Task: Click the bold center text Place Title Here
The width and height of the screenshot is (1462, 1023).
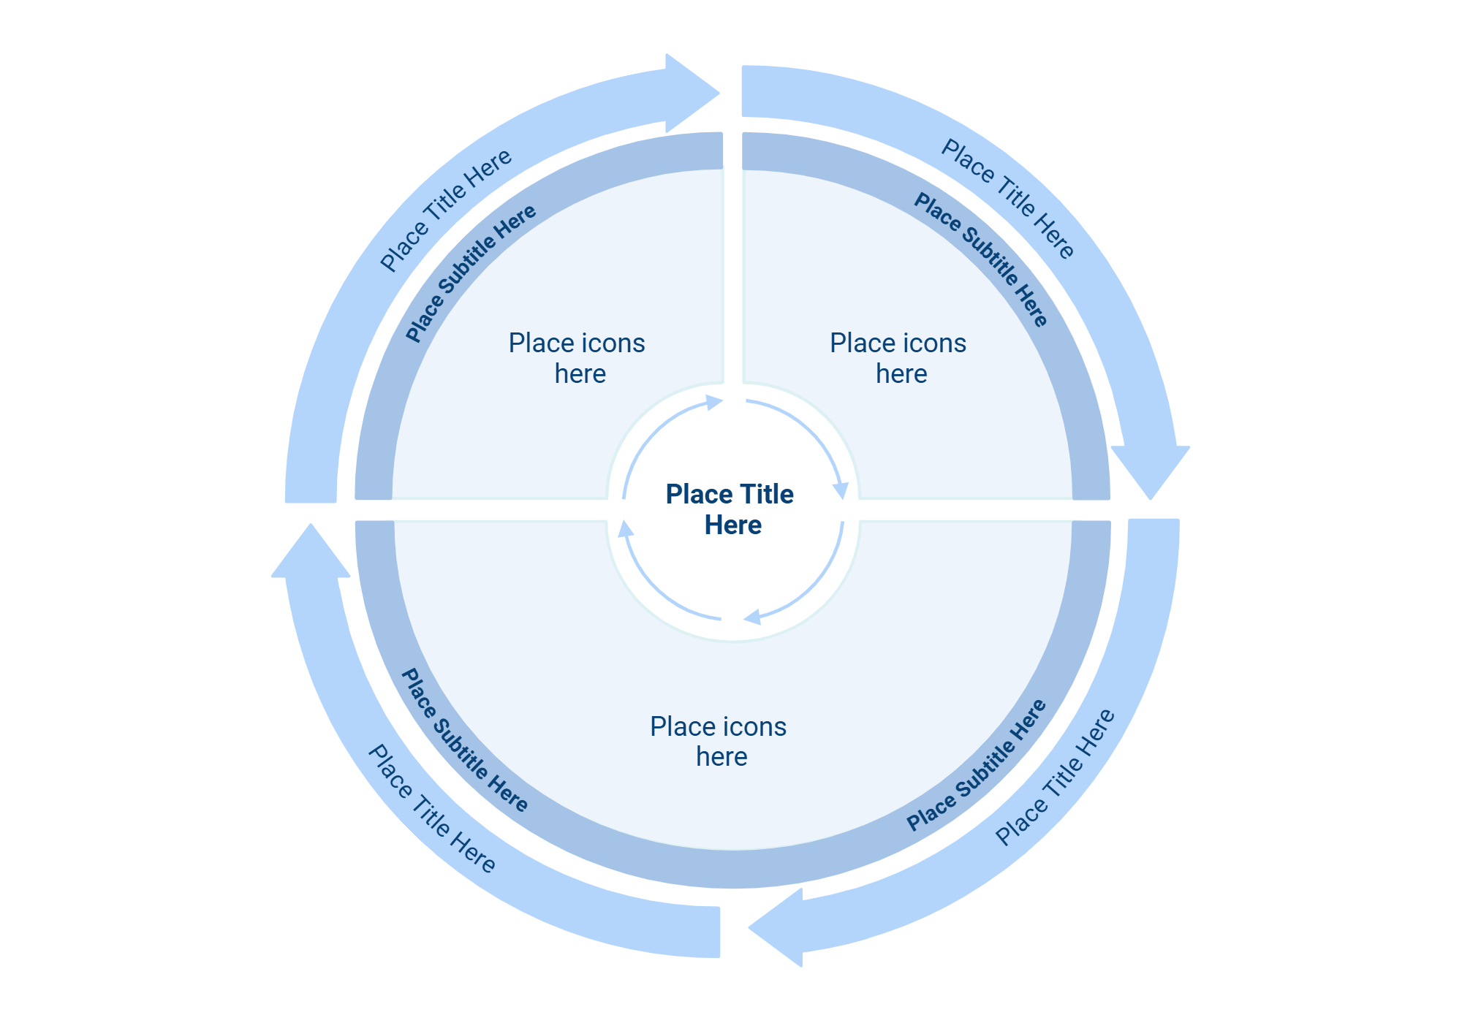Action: [x=730, y=509]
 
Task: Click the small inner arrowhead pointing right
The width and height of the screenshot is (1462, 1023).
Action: [x=713, y=403]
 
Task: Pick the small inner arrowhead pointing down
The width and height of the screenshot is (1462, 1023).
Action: [x=841, y=490]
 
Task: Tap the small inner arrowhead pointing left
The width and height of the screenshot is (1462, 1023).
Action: [x=752, y=617]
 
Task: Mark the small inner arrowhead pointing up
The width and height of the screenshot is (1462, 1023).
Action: [x=626, y=528]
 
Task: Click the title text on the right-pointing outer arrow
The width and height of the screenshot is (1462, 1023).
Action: [x=446, y=210]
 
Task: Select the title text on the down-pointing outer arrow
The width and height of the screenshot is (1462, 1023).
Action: [x=1008, y=199]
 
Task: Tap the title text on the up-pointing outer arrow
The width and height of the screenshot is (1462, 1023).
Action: [x=431, y=808]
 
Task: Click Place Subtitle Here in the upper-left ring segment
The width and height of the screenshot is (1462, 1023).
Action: [x=471, y=273]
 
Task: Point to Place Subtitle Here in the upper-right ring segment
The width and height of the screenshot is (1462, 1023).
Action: [x=981, y=259]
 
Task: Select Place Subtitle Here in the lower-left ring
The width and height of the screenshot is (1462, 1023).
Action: [x=464, y=740]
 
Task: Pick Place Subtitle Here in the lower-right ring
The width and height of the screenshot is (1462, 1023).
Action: [x=977, y=765]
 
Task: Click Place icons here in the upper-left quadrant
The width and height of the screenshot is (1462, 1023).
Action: [x=577, y=358]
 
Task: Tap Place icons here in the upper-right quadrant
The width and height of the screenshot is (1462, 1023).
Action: [x=898, y=358]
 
